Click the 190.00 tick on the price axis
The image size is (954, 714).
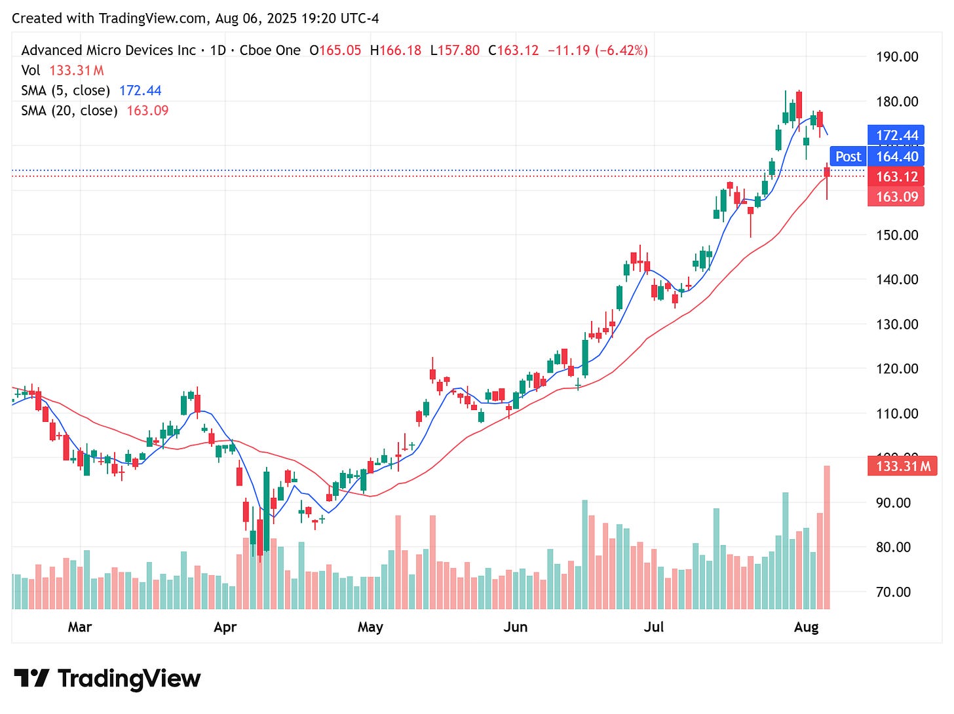897,57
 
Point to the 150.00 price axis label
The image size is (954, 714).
897,235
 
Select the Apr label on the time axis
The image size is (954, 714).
225,628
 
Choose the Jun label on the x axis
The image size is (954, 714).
515,628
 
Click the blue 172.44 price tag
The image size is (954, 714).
896,136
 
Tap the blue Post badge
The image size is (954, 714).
848,157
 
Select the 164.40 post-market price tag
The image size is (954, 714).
896,157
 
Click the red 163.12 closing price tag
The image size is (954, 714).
896,177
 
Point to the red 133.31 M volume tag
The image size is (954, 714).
902,466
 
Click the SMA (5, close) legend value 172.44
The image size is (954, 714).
140,91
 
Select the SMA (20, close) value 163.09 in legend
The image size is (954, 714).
147,111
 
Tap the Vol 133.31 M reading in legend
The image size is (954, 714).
77,71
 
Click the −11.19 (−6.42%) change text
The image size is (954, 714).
598,50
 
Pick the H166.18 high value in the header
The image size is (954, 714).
396,50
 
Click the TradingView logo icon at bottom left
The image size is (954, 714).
31,678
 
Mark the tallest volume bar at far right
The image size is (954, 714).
827,537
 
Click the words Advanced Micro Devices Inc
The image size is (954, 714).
108,50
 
